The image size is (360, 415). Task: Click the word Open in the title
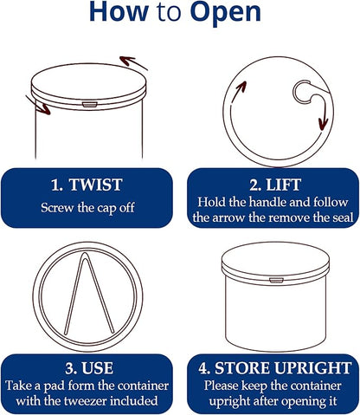(x=226, y=12)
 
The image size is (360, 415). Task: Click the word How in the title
(x=119, y=11)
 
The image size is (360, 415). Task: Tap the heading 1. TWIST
(x=87, y=185)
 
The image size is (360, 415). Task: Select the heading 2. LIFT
(x=275, y=185)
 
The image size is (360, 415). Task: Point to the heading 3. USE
(x=89, y=368)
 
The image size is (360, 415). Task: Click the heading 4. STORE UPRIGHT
(x=274, y=368)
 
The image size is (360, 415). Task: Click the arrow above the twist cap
(x=133, y=62)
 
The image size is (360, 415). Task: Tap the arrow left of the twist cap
(x=38, y=105)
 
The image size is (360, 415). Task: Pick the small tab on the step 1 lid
(x=88, y=104)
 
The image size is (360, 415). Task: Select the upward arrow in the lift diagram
(x=238, y=91)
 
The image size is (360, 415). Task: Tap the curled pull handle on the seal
(x=302, y=92)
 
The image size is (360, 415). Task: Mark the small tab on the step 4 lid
(x=276, y=280)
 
